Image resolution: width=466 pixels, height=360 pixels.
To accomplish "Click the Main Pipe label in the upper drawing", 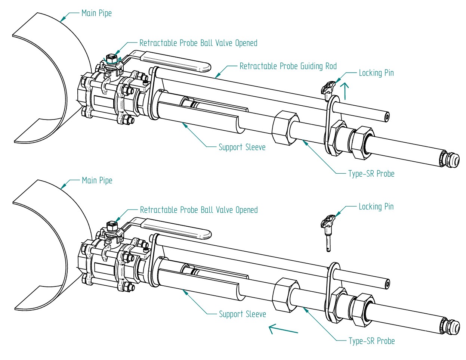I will point(96,13).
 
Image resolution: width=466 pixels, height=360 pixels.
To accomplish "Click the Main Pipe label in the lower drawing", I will point(97,181).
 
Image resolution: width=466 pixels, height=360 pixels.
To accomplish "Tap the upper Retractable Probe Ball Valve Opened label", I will point(198,43).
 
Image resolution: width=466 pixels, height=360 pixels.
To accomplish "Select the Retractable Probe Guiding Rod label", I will point(288,66).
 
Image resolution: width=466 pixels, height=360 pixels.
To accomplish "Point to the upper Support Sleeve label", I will point(242,147).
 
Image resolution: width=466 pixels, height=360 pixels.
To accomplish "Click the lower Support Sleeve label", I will point(242,314).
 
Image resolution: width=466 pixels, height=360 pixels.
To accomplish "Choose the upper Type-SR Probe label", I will point(371,174).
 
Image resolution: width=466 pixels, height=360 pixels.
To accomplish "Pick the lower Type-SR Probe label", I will point(371,341).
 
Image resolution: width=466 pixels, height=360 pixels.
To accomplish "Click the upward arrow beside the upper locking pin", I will point(345,91).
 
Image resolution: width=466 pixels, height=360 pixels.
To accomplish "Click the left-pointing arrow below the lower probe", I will point(283,329).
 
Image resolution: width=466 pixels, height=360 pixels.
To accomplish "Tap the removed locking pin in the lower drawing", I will point(327,232).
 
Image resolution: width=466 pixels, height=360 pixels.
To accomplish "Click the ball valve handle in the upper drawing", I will point(176,62).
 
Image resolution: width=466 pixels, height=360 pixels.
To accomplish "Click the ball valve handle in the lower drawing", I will point(176,229).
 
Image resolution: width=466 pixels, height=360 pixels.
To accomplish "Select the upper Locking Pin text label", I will point(376,73).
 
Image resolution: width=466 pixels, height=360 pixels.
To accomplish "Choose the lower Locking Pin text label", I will point(376,207).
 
